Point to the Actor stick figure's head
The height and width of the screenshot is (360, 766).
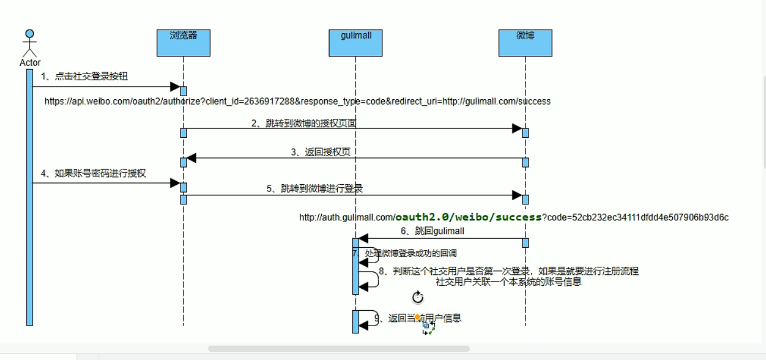coord(30,34)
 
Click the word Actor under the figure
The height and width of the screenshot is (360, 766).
coord(30,62)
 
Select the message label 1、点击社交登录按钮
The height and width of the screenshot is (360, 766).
coord(84,77)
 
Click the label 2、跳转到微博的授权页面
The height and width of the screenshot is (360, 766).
coord(303,124)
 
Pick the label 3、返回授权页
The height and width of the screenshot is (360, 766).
coord(321,152)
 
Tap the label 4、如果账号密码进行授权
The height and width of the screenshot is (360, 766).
coord(93,173)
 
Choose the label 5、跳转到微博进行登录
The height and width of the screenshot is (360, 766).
coord(315,189)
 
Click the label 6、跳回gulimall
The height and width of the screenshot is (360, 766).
coord(432,230)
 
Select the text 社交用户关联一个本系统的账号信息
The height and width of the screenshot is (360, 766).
coord(508,282)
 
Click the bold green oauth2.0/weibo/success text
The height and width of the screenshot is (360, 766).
coord(469,217)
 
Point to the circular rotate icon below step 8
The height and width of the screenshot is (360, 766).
coord(418,297)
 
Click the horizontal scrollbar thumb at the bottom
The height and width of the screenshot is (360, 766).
coord(338,349)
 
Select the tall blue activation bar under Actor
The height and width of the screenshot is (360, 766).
coord(30,196)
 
